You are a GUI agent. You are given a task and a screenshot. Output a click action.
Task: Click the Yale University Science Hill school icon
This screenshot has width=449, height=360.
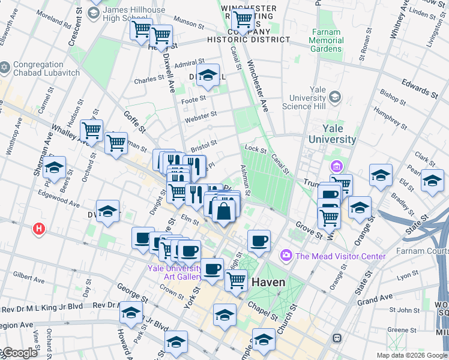click(x=334, y=97)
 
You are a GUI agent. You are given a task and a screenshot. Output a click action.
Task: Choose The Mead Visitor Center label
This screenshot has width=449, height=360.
click(x=339, y=256)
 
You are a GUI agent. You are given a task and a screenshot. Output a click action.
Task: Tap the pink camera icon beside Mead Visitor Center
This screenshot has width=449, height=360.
click(x=285, y=256)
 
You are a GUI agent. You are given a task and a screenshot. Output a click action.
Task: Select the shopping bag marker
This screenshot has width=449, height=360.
click(x=223, y=211)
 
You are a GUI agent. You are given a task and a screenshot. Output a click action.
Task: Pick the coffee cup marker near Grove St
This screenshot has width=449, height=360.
click(x=259, y=241)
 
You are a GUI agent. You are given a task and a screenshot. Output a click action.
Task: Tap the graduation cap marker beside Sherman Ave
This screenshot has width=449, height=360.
click(x=55, y=169)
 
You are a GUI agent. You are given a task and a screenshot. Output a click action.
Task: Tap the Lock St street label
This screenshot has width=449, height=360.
click(x=255, y=149)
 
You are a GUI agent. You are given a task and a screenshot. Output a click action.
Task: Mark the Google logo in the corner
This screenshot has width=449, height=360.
click(x=19, y=353)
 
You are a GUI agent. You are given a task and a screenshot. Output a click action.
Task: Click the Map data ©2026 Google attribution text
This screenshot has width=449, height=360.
click(x=411, y=355)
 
